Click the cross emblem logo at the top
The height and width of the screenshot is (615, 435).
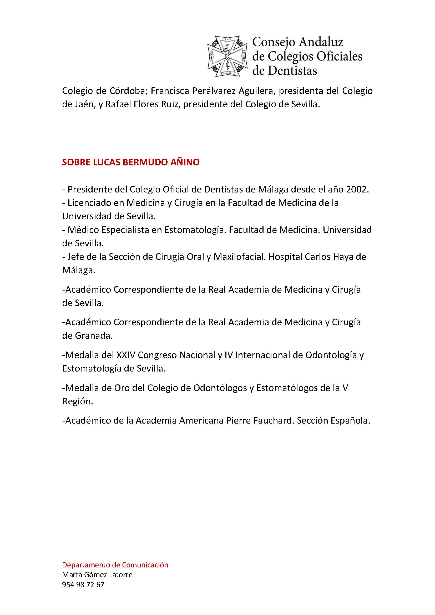[227, 57]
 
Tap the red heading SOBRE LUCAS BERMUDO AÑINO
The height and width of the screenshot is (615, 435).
[131, 162]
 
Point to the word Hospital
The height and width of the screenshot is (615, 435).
[285, 257]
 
